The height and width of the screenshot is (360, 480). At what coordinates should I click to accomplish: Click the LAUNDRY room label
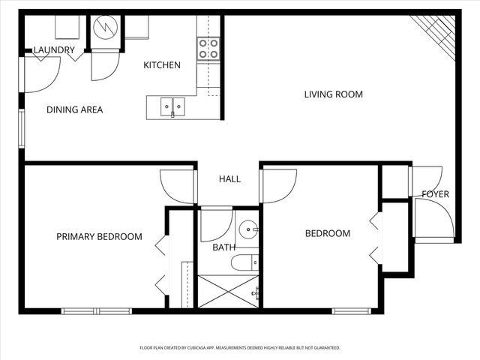(54, 50)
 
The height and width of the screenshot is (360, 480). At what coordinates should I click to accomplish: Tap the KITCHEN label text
(162, 65)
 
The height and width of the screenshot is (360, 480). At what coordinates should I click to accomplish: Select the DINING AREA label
(74, 109)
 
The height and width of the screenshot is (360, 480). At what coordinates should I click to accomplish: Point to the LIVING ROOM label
(333, 94)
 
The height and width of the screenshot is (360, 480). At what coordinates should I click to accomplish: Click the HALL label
(229, 179)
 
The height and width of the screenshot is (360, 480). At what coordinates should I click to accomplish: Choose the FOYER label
(435, 194)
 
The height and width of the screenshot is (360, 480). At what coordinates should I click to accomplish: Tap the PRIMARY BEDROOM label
(99, 237)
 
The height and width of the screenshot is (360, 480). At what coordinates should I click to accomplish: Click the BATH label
(223, 247)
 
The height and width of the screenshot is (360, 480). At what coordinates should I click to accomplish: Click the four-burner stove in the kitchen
(208, 49)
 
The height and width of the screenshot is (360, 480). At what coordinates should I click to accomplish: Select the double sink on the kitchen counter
(173, 107)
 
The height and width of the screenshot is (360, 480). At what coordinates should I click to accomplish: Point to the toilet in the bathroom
(244, 262)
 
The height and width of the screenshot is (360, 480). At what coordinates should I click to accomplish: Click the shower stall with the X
(228, 291)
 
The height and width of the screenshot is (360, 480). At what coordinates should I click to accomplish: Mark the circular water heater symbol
(106, 29)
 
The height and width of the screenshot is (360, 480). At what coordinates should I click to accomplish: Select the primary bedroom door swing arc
(176, 187)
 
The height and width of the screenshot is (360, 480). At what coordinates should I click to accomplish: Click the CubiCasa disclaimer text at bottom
(240, 348)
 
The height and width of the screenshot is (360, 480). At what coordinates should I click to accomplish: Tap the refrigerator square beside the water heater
(136, 27)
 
